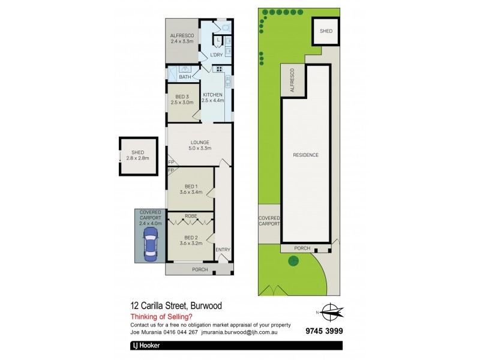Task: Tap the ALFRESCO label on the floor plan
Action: coord(181,35)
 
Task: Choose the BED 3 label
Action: coord(182,97)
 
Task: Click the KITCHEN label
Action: coord(212,95)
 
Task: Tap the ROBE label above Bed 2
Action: coord(191,215)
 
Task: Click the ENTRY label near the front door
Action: coord(223,250)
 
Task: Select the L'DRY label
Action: coord(216,55)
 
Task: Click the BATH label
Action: coord(185,77)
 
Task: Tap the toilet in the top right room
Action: coord(225,27)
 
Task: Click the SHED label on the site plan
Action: coord(326,31)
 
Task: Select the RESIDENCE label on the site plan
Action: coord(305,155)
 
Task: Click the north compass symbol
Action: coord(329,311)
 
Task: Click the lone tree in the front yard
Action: coord(293,261)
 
